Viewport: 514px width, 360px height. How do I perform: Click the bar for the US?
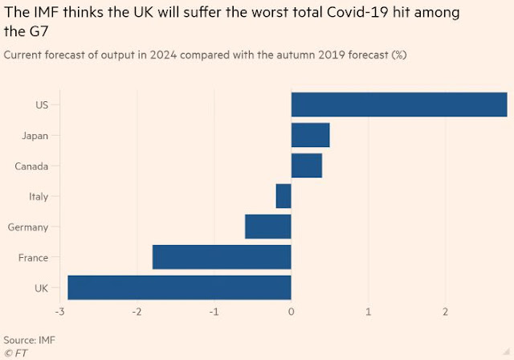(399, 104)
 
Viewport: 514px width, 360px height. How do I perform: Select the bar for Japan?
(310, 135)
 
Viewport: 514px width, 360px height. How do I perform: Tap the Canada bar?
(306, 166)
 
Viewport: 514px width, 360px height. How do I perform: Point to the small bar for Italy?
(284, 196)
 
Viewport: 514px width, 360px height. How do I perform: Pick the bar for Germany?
(268, 227)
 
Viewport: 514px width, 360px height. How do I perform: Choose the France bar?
(222, 257)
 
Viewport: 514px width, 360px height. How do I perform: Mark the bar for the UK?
(179, 288)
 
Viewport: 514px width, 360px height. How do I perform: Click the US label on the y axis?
(41, 105)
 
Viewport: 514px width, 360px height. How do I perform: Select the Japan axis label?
(35, 136)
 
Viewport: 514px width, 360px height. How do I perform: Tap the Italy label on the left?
(38, 197)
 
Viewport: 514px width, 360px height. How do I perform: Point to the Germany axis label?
(28, 227)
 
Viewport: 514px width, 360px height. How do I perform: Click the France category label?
(33, 258)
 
